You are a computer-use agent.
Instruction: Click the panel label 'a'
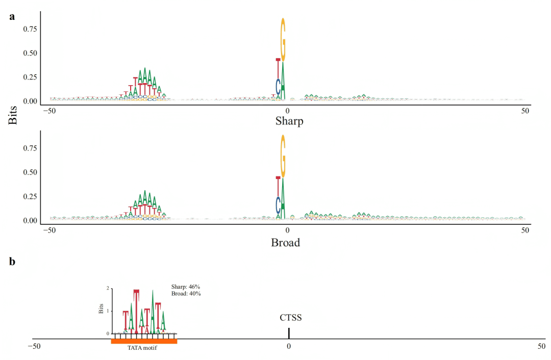coord(12,16)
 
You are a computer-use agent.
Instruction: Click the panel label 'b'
coord(12,262)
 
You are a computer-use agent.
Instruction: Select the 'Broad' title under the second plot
coord(285,242)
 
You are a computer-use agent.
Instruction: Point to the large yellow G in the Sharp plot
coord(283,40)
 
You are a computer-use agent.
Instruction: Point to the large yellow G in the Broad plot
coord(283,157)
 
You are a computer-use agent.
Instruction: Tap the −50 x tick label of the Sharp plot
coord(49,111)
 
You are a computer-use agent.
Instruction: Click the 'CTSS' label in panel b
coord(290,318)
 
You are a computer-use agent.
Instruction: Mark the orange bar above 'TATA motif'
coord(144,341)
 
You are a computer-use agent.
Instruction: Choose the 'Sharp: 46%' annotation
coord(186,287)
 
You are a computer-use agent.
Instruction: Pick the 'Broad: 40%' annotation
coord(186,294)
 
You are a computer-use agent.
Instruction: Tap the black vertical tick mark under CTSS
coord(289,333)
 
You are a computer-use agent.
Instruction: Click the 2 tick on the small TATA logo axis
coord(108,289)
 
